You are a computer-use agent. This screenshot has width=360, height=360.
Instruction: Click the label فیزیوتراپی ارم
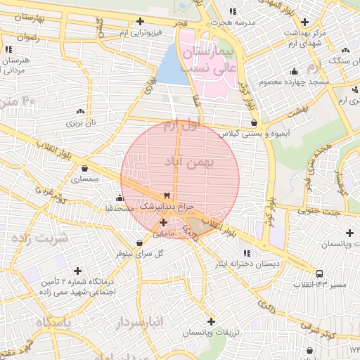[x=141, y=32]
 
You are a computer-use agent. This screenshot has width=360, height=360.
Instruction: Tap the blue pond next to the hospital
[x=169, y=65]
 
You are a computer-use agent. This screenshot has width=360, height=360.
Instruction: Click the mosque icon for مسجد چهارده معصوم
[x=293, y=72]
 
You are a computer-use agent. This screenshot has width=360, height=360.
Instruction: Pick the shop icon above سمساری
[x=85, y=169]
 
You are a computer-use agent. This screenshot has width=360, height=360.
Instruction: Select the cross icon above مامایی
[x=164, y=222]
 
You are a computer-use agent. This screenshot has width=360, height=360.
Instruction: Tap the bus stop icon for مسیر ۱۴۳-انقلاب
[x=320, y=273]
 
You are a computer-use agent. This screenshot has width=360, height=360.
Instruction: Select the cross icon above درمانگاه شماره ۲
[x=78, y=270]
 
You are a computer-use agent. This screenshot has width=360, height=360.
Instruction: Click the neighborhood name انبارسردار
[x=136, y=322]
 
